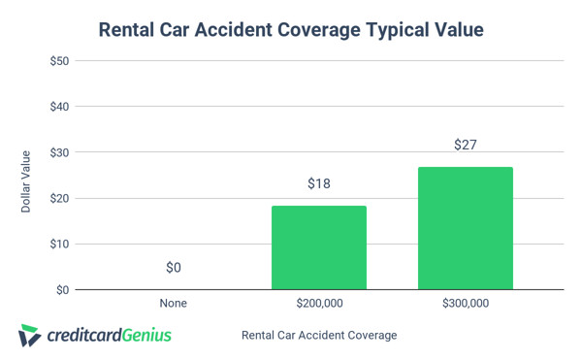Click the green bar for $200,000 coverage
coord(319,247)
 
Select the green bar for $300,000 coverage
coord(466,228)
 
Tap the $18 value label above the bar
coord(319,184)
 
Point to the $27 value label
coord(466,146)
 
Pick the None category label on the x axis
coord(173,304)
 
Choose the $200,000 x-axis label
coord(319,304)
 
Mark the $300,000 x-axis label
coord(466,304)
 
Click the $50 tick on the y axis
coord(58,60)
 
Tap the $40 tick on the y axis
coord(58,107)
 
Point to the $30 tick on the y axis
coord(58,152)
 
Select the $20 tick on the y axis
coord(58,198)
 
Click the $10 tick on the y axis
coord(58,244)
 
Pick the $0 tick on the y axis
coord(61,289)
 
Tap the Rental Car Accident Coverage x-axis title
coord(319,336)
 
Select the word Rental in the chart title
coord(132,30)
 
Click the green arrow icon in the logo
coord(29,336)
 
